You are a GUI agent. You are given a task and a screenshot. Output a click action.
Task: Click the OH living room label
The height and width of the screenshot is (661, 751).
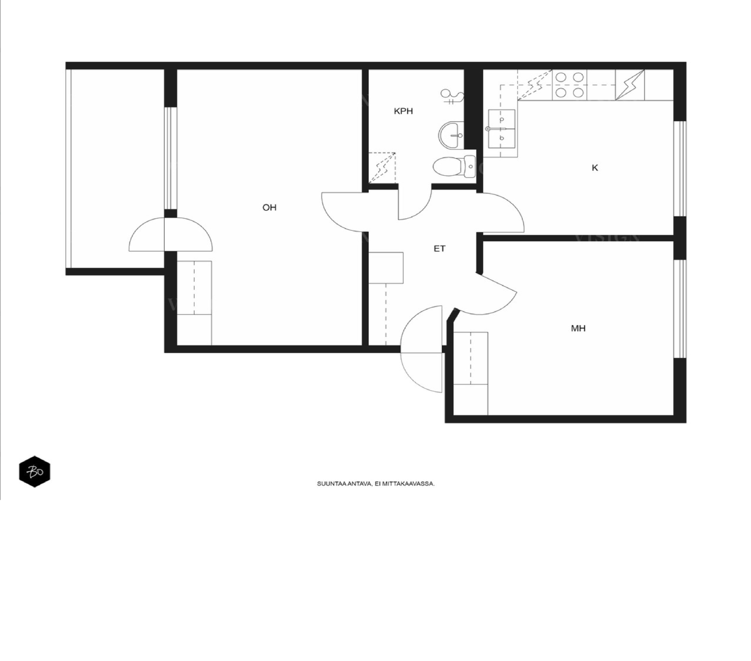click(x=269, y=207)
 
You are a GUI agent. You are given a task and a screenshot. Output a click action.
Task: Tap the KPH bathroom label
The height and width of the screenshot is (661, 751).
click(x=403, y=111)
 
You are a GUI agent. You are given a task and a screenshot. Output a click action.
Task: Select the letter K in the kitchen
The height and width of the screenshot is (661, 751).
click(x=594, y=168)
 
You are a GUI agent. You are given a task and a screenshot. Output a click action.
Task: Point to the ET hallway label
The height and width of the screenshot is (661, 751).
click(x=439, y=248)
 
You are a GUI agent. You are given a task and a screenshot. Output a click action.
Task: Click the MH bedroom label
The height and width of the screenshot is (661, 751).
click(x=578, y=328)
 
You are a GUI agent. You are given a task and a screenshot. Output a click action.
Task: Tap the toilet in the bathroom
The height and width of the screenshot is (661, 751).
click(x=454, y=166)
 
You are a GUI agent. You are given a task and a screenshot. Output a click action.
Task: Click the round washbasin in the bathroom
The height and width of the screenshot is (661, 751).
click(x=451, y=135)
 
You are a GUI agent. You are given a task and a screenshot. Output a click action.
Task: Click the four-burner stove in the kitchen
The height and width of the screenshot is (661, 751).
click(x=570, y=85)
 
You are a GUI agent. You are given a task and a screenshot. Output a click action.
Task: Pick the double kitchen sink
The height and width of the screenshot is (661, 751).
click(x=502, y=129)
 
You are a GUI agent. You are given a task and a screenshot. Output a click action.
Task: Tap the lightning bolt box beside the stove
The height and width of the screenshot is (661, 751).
click(x=630, y=85)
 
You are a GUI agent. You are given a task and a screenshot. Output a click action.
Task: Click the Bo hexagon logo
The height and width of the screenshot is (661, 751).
click(x=35, y=472)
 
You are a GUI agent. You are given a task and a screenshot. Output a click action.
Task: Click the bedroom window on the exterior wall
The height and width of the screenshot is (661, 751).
click(x=680, y=309)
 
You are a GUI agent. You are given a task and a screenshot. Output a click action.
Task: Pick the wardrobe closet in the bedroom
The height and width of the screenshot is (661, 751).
click(x=470, y=373)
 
